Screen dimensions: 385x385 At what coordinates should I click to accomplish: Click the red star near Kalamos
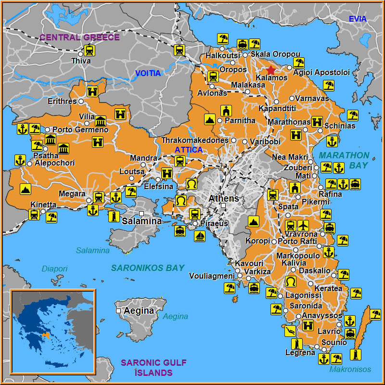271,70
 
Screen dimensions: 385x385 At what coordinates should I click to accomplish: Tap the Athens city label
223,198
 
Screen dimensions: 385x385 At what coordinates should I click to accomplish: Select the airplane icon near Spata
303,225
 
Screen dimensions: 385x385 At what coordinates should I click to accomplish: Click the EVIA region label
358,19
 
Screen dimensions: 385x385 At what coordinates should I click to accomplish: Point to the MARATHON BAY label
344,160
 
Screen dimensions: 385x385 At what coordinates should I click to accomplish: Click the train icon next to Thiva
89,50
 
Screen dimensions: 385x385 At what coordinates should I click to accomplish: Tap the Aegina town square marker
118,311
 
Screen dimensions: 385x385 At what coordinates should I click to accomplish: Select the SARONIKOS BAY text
148,268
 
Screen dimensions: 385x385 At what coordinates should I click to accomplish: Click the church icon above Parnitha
226,110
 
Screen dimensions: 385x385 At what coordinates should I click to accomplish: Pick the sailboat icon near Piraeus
199,236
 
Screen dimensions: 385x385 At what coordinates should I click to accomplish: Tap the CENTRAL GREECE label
79,37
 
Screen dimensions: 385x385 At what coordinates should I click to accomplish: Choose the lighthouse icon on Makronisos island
356,355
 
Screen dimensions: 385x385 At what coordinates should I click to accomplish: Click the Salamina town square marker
141,213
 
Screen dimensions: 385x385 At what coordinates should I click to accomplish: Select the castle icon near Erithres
92,91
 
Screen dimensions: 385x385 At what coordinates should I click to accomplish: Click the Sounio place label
334,343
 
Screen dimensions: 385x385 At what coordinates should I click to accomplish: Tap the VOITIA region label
148,73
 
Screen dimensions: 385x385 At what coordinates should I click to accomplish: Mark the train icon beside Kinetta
34,214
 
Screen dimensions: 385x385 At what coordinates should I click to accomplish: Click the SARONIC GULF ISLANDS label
154,368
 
